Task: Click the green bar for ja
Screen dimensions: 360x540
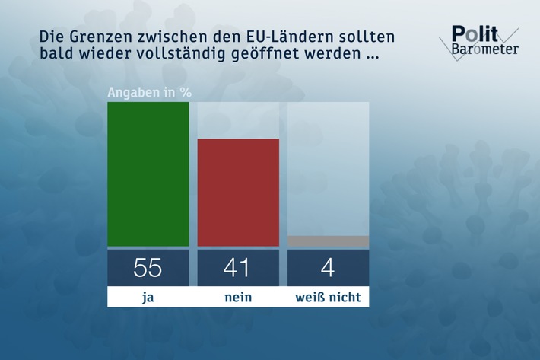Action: coord(148,174)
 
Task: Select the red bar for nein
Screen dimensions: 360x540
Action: coord(238,192)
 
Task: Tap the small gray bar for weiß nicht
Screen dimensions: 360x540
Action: coord(328,241)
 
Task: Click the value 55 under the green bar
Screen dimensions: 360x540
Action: coord(148,267)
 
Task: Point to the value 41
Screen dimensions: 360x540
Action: coord(238,267)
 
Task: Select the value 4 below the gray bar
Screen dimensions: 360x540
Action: coord(328,267)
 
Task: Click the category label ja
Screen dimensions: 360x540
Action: coord(148,297)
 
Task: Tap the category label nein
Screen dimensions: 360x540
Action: coord(238,297)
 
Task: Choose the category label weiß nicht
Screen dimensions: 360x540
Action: coord(328,297)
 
